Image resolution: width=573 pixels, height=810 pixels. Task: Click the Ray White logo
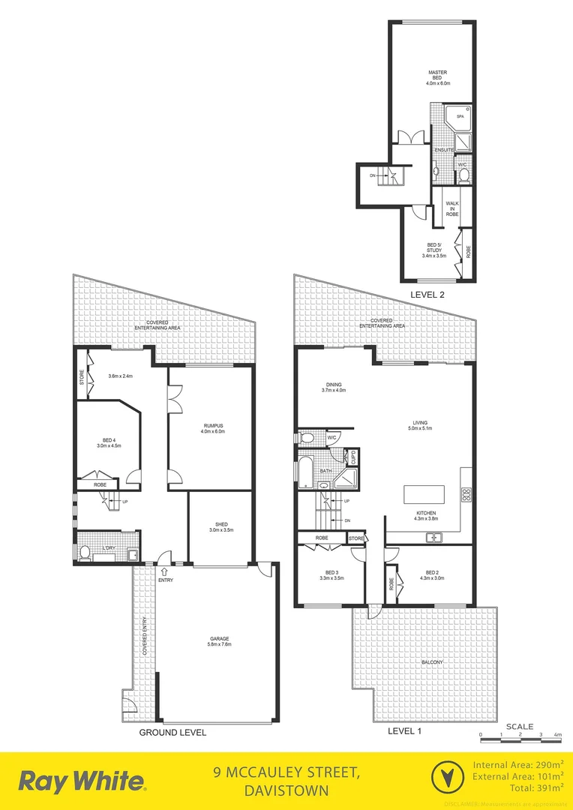click(x=82, y=780)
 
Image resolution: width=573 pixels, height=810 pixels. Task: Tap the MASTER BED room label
click(x=433, y=76)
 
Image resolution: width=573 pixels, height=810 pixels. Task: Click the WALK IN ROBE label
click(x=452, y=208)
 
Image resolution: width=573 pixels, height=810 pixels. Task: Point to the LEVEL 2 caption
click(x=427, y=295)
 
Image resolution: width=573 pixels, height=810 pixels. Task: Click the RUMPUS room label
click(x=212, y=428)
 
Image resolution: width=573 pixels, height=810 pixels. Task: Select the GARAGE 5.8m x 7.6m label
click(x=220, y=641)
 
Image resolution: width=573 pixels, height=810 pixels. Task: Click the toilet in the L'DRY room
click(x=84, y=553)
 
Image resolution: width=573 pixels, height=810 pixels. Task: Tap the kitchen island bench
click(x=424, y=494)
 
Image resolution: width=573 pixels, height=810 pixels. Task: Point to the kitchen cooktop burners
click(x=464, y=494)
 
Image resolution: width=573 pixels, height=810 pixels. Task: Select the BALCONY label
click(x=432, y=661)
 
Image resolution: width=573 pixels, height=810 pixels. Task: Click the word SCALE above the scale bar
click(x=520, y=726)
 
